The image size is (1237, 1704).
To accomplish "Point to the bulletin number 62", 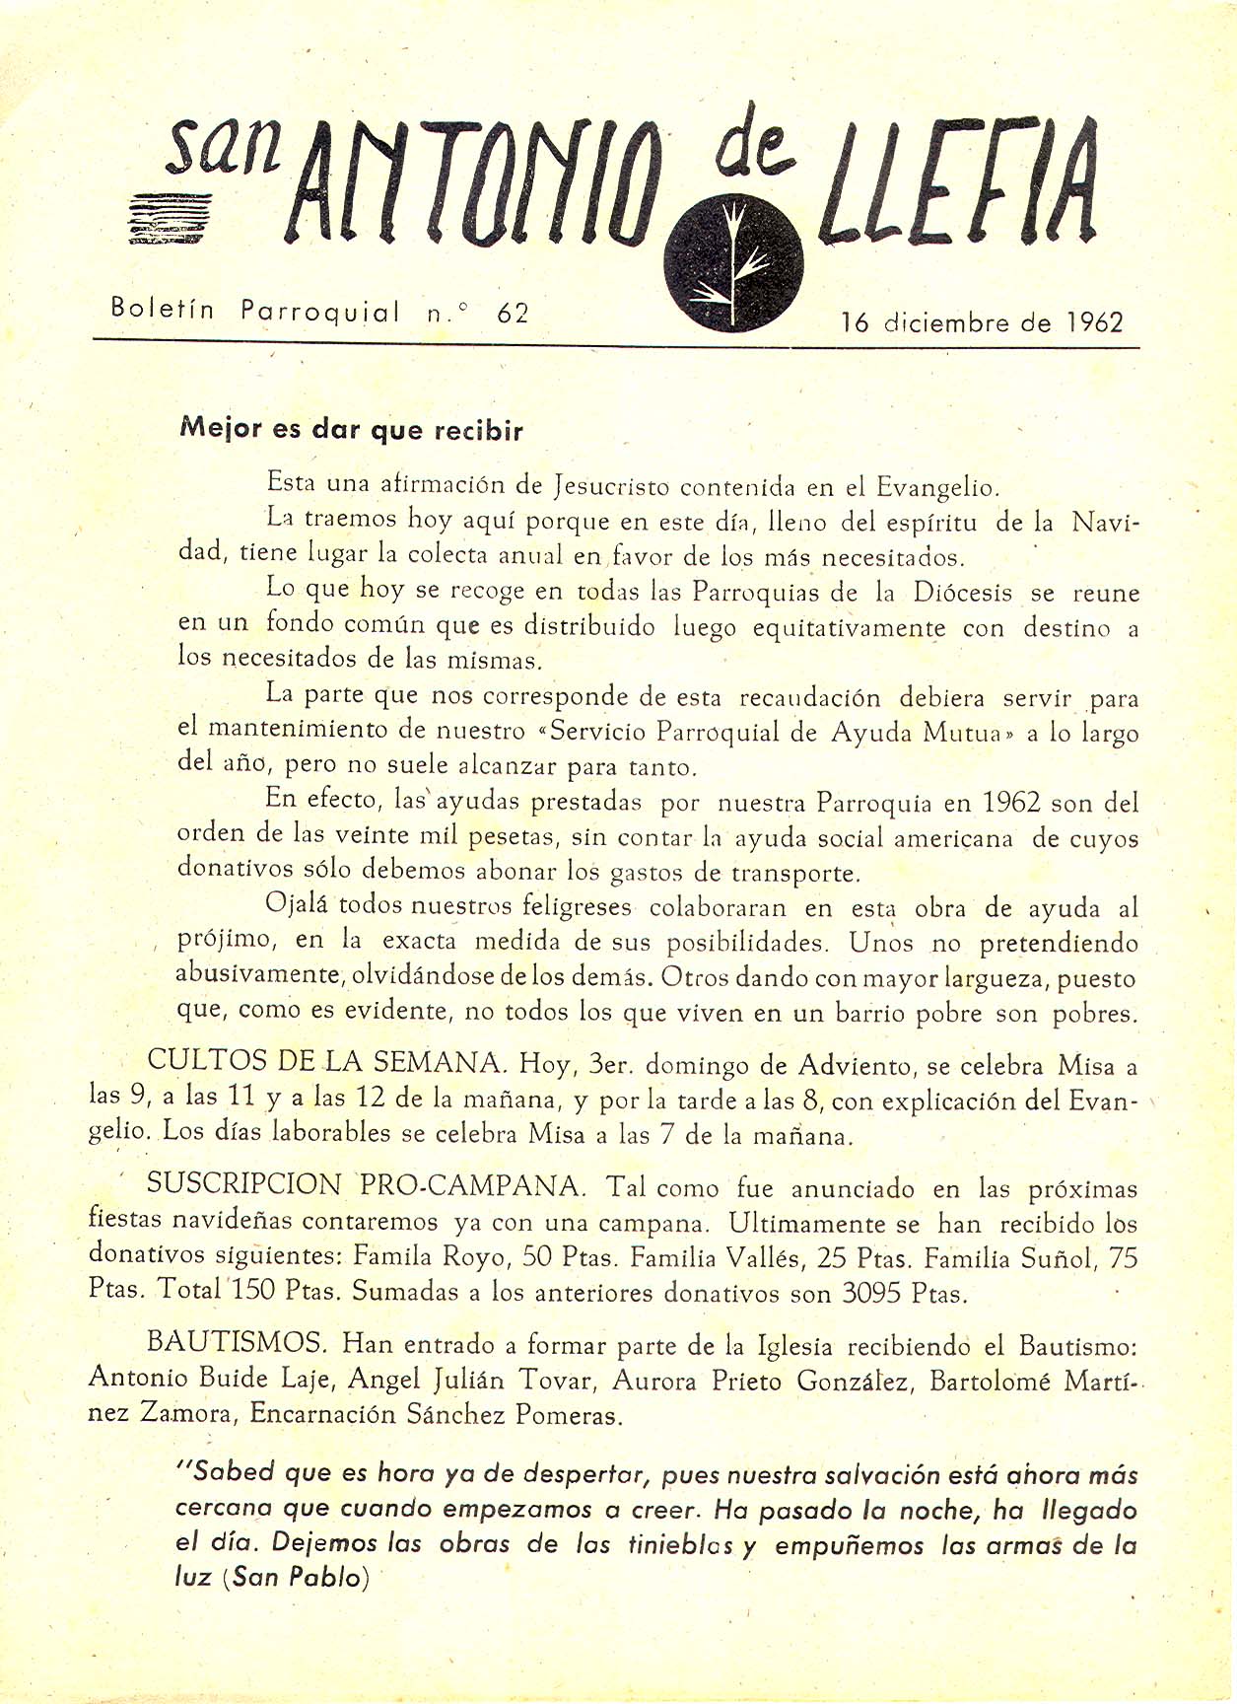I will click(x=514, y=314).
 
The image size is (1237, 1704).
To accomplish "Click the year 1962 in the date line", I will click(x=1094, y=322).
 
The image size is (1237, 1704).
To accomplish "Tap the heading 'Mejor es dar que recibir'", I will click(x=351, y=430).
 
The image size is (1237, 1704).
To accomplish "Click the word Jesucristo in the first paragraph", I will click(x=612, y=486).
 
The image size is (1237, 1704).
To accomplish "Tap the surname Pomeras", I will click(x=578, y=1415).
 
